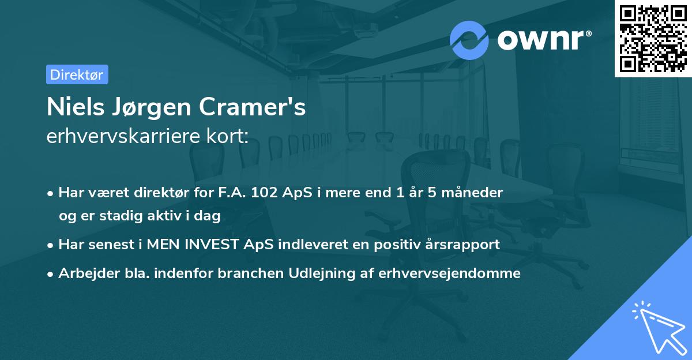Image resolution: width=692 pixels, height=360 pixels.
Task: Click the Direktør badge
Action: [77, 74]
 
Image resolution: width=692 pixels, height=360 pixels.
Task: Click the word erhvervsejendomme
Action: [449, 273]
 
